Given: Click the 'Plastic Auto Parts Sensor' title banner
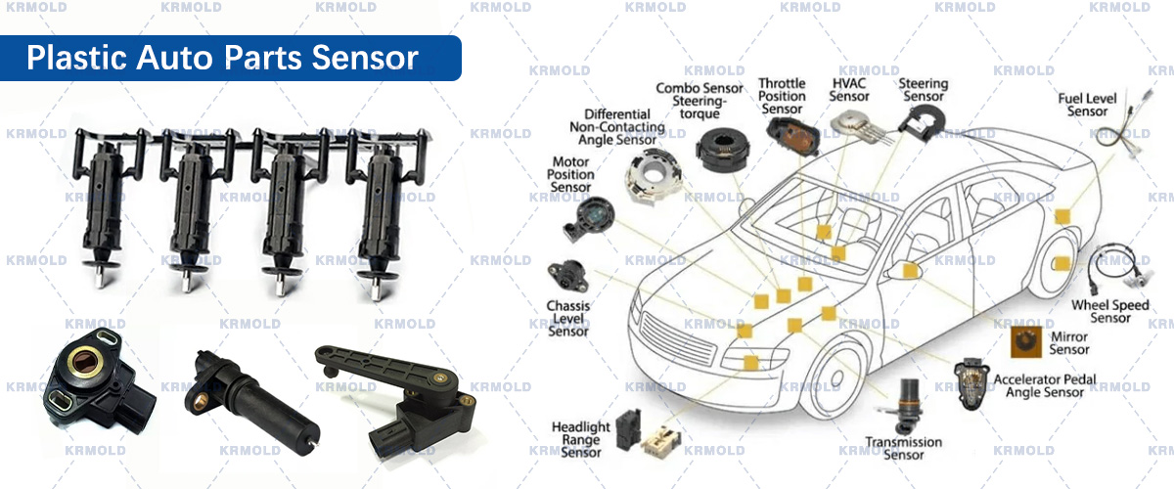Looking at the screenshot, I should click(223, 58).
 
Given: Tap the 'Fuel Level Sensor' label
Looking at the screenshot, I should click(1087, 106).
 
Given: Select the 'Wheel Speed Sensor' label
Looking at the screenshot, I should click(1109, 311).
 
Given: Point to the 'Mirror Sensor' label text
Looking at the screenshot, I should click(1068, 343).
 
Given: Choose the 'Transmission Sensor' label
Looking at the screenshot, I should click(903, 448).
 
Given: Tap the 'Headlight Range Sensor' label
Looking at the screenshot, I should click(581, 440).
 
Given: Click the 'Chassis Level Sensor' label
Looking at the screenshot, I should click(568, 319).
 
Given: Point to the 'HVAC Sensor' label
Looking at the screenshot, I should click(849, 90).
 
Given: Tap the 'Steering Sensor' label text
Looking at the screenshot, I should click(923, 90).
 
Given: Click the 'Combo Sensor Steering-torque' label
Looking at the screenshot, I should click(699, 102).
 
